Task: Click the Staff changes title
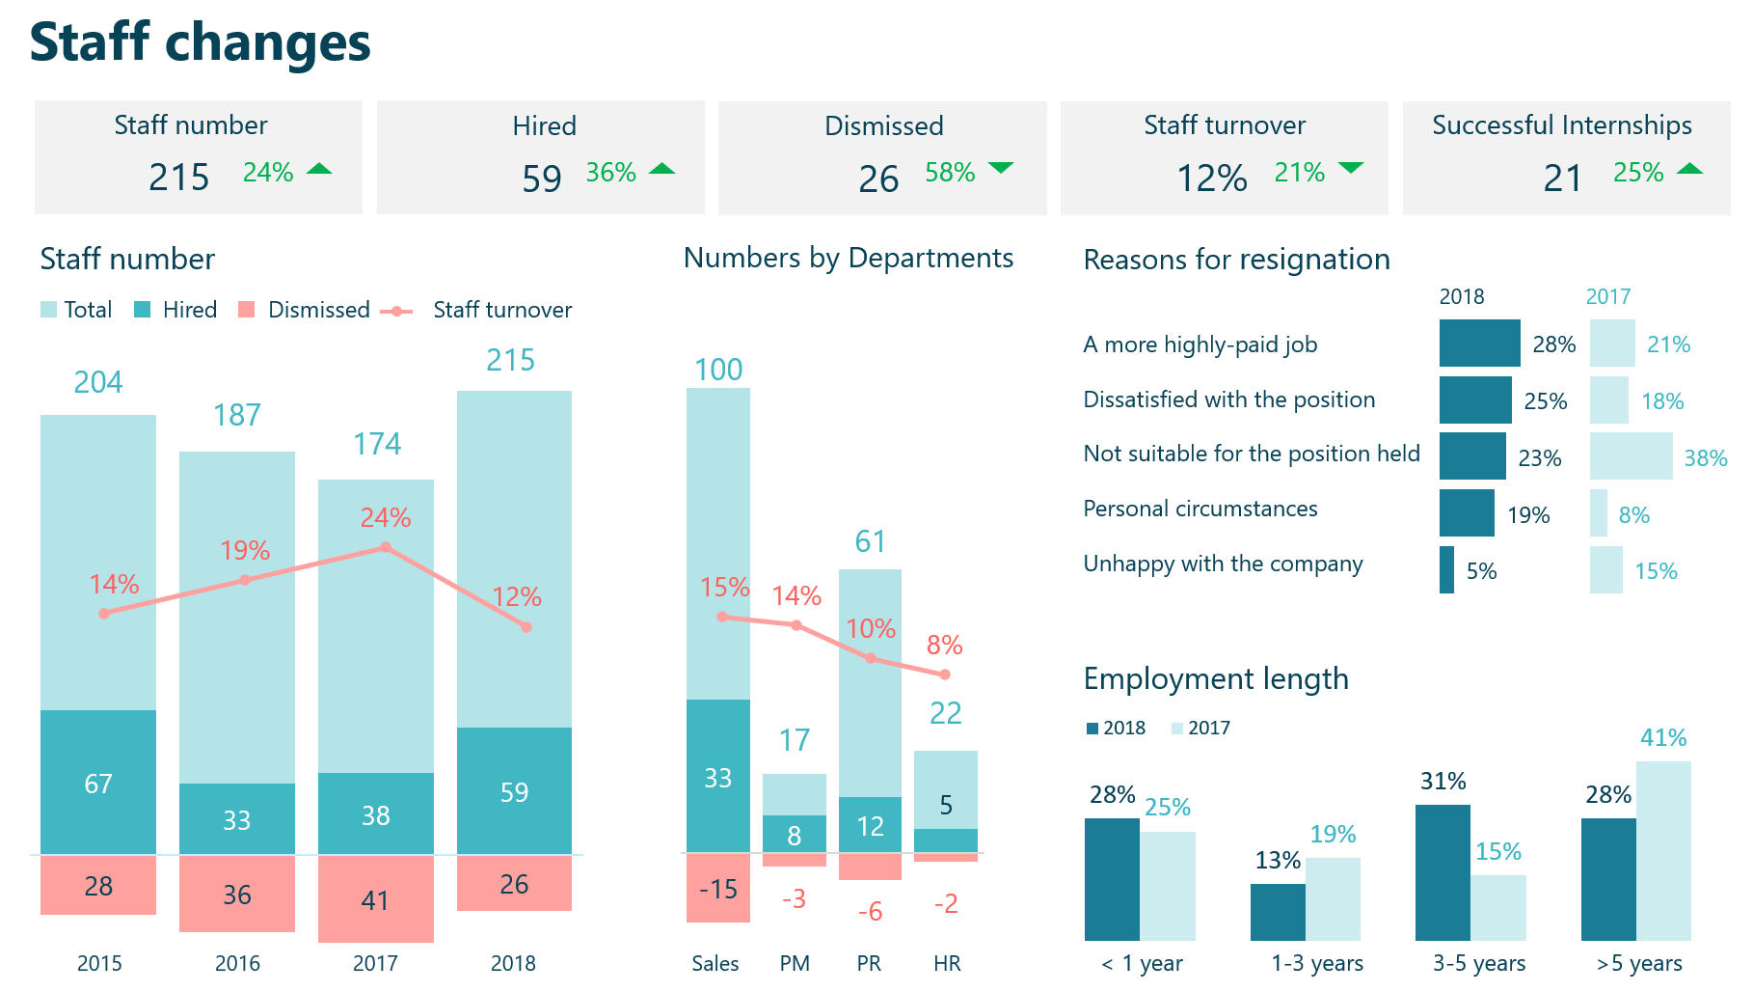coord(200,42)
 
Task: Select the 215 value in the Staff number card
coord(178,178)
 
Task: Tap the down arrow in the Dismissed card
coord(1001,169)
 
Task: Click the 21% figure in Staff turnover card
coord(1299,173)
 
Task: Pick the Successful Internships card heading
coord(1561,125)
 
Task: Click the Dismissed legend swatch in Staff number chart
coord(247,310)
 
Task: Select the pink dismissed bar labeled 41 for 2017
coord(375,899)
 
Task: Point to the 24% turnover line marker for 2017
coord(386,547)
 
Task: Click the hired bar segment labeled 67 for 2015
coord(98,783)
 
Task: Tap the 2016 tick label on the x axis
coord(237,963)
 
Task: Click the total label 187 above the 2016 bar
coord(237,415)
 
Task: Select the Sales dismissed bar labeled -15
coord(717,888)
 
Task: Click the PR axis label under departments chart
coord(869,963)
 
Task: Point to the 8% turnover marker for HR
coord(945,675)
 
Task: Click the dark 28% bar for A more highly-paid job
coord(1479,344)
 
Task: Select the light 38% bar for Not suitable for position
coord(1631,456)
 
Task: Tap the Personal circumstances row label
coord(1200,509)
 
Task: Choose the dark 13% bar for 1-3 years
coord(1278,912)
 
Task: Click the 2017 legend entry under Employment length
coord(1200,729)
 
